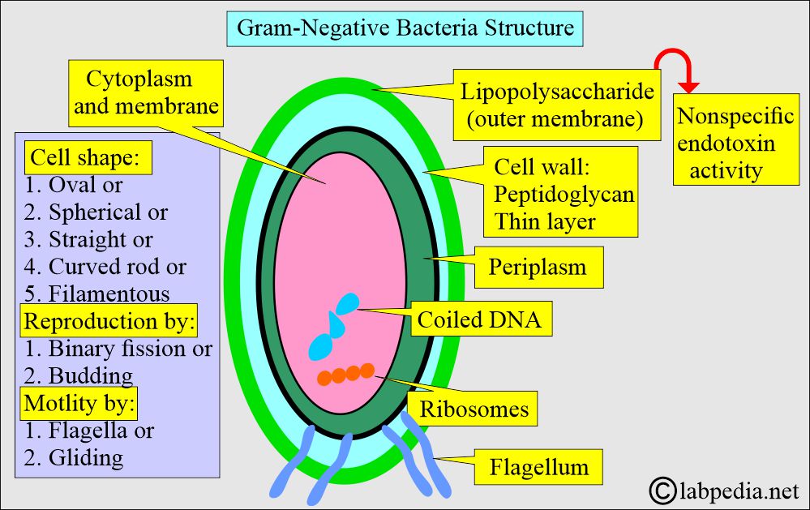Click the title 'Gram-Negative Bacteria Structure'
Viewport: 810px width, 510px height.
[x=405, y=28]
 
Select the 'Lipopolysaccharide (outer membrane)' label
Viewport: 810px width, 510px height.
[x=557, y=105]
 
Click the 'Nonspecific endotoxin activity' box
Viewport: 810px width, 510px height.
[x=735, y=144]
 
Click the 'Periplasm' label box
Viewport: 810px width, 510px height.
[x=537, y=267]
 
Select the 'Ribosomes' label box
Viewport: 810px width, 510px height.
[x=474, y=408]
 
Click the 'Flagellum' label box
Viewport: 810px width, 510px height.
[x=538, y=468]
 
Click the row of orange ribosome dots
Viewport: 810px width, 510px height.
[x=346, y=374]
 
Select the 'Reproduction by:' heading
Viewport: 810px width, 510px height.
[x=109, y=321]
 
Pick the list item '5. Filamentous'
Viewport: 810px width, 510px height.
[x=97, y=293]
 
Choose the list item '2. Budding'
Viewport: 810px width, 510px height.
[x=79, y=375]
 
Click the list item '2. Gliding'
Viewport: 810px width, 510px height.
[x=74, y=457]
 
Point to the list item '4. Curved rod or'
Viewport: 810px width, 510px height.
[x=105, y=266]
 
